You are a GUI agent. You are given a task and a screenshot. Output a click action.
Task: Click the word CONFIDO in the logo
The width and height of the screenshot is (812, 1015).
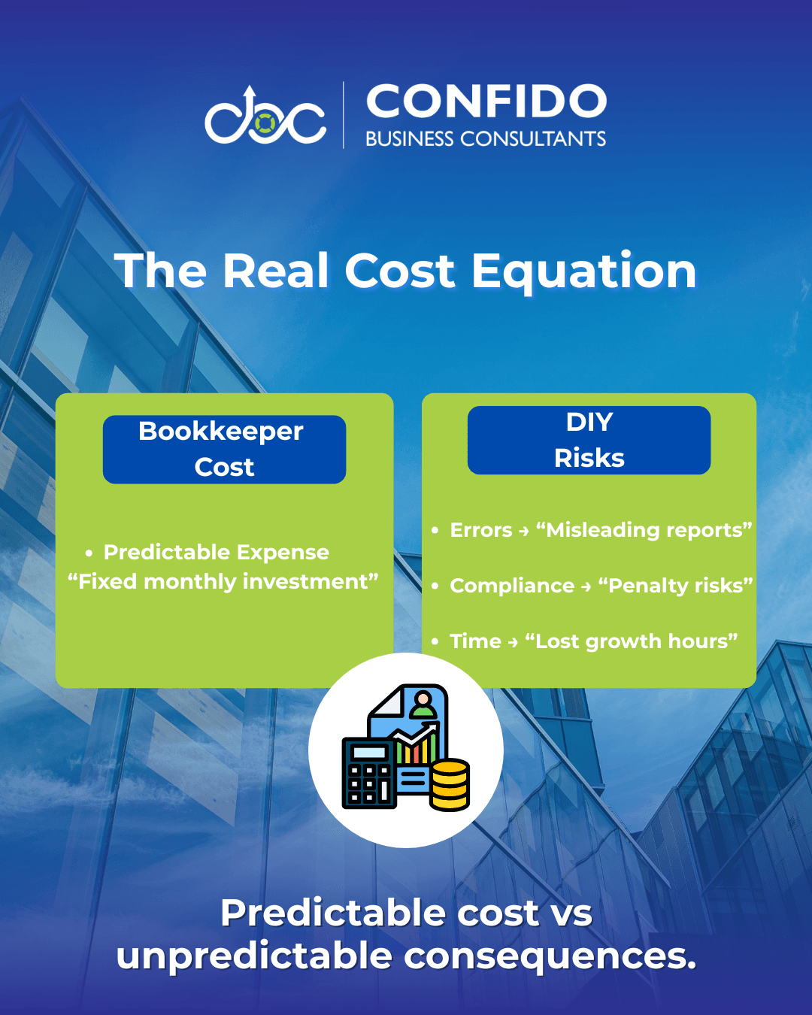click(486, 101)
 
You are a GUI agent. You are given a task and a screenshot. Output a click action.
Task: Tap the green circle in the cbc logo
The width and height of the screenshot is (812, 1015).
click(265, 123)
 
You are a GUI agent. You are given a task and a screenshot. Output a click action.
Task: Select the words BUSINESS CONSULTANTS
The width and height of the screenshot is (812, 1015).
click(486, 138)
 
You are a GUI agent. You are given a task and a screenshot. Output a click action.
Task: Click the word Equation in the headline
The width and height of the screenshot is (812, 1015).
click(584, 271)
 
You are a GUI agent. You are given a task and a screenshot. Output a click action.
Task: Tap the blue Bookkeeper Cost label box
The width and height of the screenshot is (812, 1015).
click(224, 449)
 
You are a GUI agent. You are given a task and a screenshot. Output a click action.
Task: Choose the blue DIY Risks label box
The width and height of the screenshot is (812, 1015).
click(589, 440)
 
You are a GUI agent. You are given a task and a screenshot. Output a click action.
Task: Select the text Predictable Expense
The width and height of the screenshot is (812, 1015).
click(216, 553)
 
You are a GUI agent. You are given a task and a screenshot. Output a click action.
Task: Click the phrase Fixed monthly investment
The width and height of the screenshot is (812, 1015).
click(223, 582)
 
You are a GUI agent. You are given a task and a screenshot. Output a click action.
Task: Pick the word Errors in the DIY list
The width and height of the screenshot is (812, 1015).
click(480, 530)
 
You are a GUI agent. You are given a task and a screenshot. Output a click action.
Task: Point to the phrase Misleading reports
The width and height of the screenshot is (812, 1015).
click(644, 531)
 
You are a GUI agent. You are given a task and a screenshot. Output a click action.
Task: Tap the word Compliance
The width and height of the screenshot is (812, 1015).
click(512, 586)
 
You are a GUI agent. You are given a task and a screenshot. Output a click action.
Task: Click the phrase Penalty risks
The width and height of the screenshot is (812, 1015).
click(675, 586)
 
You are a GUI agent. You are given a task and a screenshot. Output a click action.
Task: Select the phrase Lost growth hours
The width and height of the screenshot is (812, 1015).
click(632, 642)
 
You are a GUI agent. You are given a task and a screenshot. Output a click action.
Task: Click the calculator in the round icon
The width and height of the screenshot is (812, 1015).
click(369, 773)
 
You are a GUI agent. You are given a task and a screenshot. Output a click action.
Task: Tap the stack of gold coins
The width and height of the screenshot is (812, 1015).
click(449, 785)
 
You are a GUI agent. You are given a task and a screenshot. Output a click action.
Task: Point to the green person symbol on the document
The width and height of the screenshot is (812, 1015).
click(423, 704)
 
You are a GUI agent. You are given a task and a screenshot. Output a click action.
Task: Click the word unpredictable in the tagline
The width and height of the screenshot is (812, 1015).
click(254, 957)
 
